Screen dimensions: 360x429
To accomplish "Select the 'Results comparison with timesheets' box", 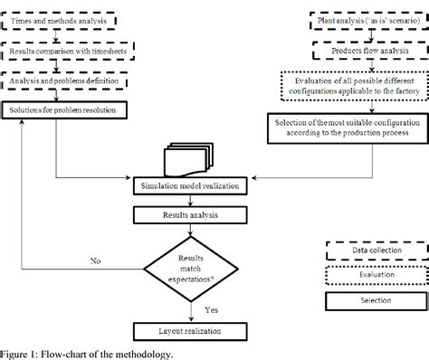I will [65, 52].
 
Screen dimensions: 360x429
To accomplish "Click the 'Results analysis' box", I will [188, 215].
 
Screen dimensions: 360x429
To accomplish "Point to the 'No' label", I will [95, 259].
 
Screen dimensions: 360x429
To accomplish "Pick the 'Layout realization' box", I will [188, 332].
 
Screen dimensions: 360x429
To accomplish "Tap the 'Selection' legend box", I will [374, 299].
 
